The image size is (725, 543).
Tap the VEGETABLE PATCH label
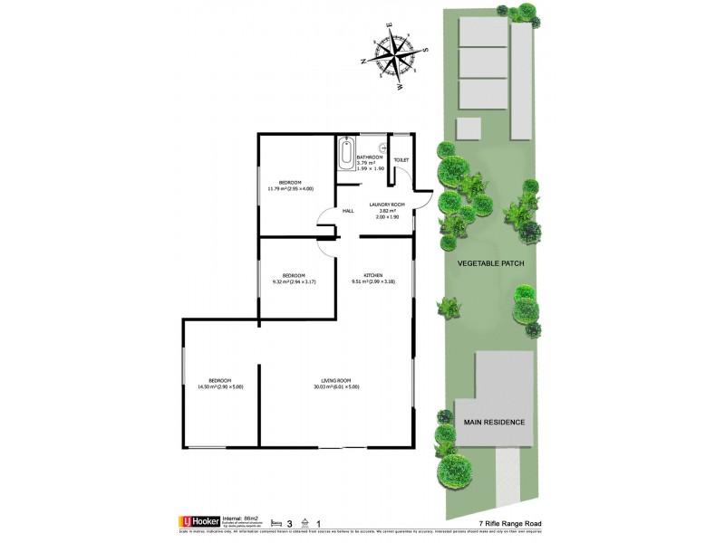[x=490, y=263]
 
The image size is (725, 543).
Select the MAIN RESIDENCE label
[x=494, y=423]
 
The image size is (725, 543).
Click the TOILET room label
[x=401, y=160]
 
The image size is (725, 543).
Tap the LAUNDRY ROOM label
[x=385, y=205]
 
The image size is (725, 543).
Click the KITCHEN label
[x=373, y=275]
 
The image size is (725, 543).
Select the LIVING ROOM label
[x=335, y=380]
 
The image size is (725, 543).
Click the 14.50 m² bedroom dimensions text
[x=220, y=387]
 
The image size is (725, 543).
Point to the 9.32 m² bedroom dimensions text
[x=294, y=282]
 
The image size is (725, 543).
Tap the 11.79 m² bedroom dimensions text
[x=290, y=188]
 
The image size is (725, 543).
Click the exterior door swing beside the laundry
[x=422, y=183]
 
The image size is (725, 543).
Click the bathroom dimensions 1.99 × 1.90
[x=371, y=168]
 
